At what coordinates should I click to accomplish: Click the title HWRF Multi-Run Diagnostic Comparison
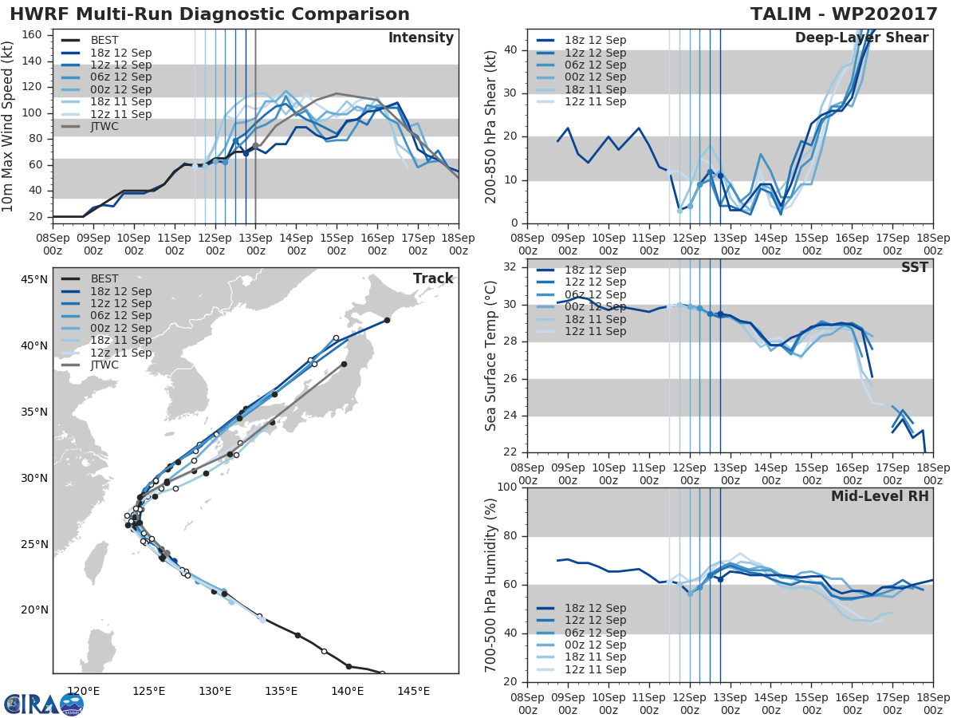pos(210,14)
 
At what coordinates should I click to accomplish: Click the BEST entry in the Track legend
pos(104,279)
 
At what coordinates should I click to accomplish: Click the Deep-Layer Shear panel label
pos(861,38)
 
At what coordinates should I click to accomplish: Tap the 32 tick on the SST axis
pos(509,267)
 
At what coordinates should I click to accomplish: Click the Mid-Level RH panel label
pos(880,497)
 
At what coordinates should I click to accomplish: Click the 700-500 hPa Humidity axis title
pos(491,584)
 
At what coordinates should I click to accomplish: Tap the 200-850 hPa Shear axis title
pos(491,126)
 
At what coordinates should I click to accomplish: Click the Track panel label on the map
pos(433,278)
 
